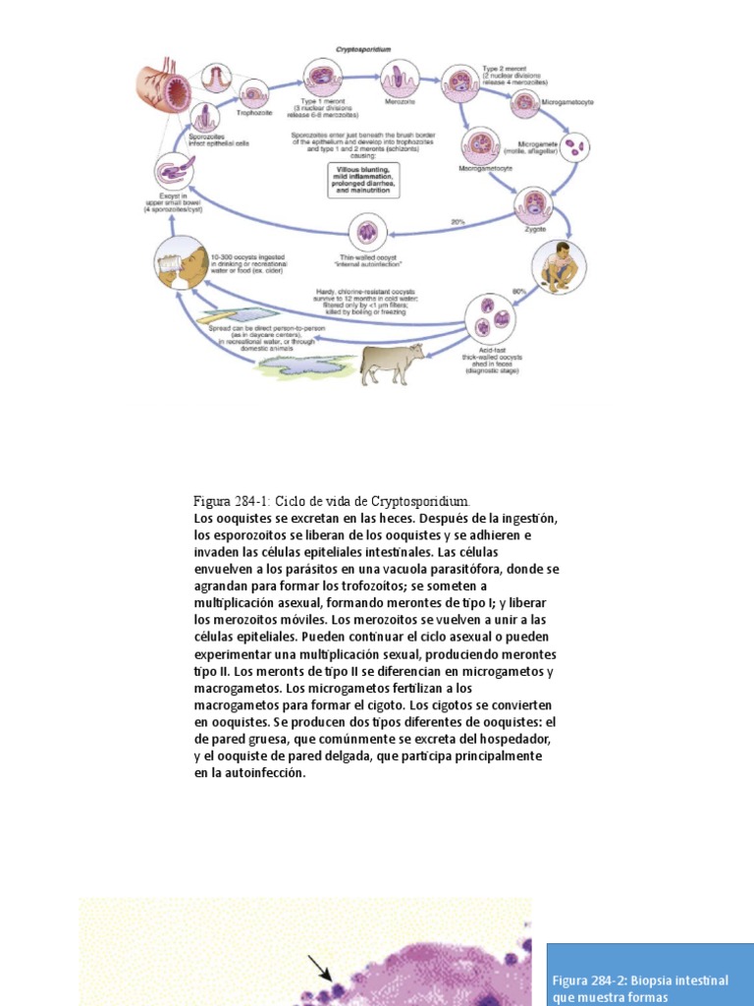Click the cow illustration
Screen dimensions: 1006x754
[392, 363]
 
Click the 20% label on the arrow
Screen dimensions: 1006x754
[458, 222]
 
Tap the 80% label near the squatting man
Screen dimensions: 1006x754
[517, 291]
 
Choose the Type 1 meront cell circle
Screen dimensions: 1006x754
[321, 78]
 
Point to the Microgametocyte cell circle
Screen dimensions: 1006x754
[525, 101]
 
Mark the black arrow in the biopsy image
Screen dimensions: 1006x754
[321, 970]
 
